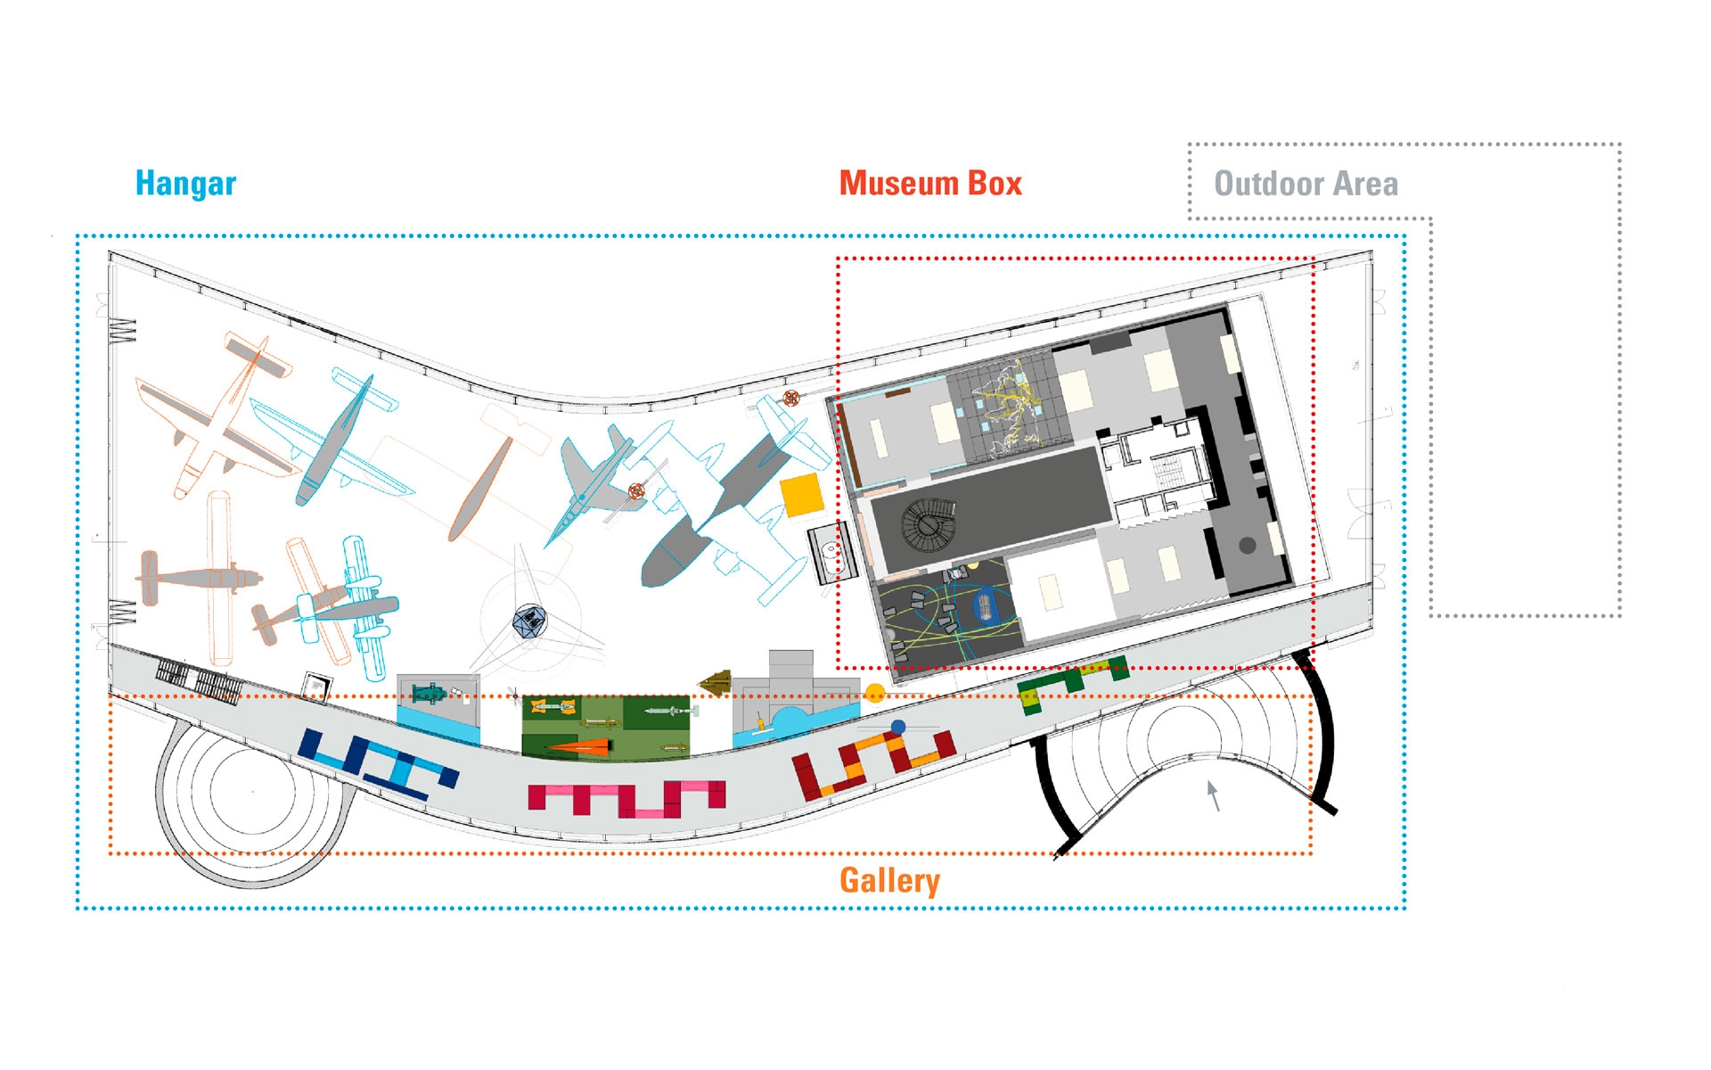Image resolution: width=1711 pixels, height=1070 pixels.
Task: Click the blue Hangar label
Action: click(x=185, y=183)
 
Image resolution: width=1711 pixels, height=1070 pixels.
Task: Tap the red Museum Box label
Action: click(x=930, y=183)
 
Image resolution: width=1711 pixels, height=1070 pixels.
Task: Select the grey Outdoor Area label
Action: click(x=1306, y=184)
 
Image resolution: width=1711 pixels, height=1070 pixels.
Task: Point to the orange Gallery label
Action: click(x=889, y=880)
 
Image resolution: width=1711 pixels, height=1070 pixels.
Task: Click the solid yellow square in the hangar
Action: click(x=801, y=495)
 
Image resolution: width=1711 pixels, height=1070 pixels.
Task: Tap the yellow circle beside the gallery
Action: click(x=875, y=693)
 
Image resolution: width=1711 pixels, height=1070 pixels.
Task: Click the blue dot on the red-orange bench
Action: click(x=898, y=728)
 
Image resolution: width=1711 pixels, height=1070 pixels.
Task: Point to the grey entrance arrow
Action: click(x=1213, y=794)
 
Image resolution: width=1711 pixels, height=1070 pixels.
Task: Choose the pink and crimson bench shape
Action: click(x=626, y=798)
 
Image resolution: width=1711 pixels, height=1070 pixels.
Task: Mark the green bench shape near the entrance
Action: click(x=1072, y=683)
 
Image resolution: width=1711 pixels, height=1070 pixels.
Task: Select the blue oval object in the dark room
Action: click(x=985, y=605)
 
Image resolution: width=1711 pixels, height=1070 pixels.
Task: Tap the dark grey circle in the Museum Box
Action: click(x=1248, y=545)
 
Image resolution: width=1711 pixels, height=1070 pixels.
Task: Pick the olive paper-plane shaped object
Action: click(x=715, y=684)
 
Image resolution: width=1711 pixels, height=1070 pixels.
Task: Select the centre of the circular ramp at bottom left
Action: click(x=252, y=791)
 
